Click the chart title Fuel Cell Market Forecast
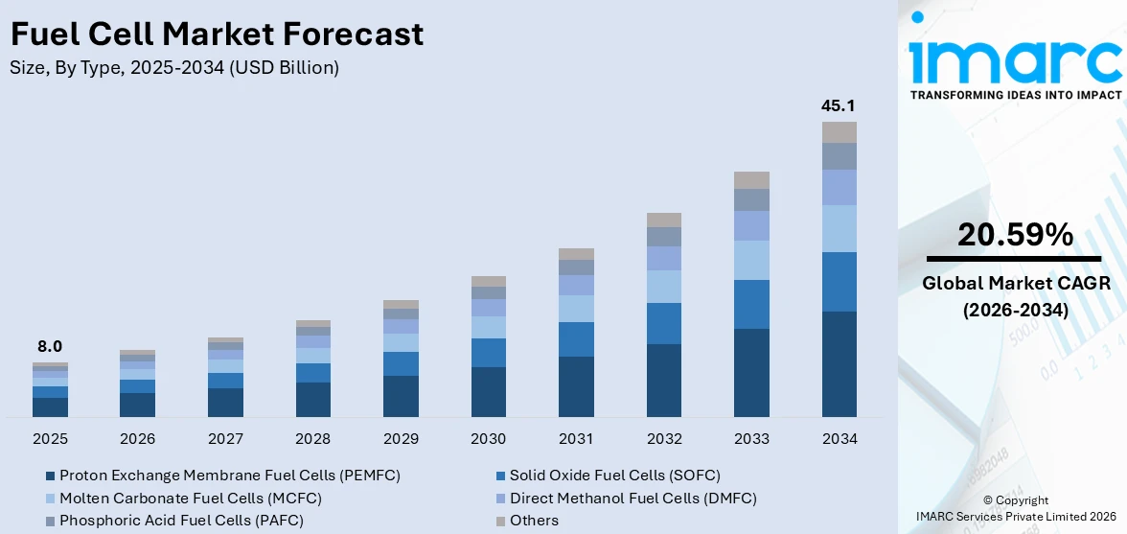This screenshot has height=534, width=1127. click(x=217, y=35)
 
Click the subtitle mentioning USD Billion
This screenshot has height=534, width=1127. click(x=174, y=68)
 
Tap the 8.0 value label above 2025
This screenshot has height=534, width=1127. click(x=50, y=346)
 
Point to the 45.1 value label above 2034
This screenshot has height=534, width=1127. click(x=839, y=105)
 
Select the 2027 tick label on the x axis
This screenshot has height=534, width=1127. click(x=225, y=439)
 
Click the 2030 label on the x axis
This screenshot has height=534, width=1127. click(x=489, y=439)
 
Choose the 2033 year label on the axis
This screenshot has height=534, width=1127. click(x=751, y=439)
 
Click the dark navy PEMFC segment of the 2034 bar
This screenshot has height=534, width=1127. click(x=839, y=364)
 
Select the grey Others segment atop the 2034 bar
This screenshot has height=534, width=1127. click(x=839, y=132)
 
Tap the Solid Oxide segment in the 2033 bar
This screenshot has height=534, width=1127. click(x=751, y=304)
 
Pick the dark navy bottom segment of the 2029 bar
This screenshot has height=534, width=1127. click(x=401, y=396)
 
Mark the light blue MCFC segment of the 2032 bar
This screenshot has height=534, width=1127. click(x=663, y=286)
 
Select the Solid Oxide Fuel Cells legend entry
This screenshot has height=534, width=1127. click(x=614, y=475)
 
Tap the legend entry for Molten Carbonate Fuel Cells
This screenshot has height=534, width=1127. click(x=190, y=498)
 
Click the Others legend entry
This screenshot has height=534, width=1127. click(x=534, y=521)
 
